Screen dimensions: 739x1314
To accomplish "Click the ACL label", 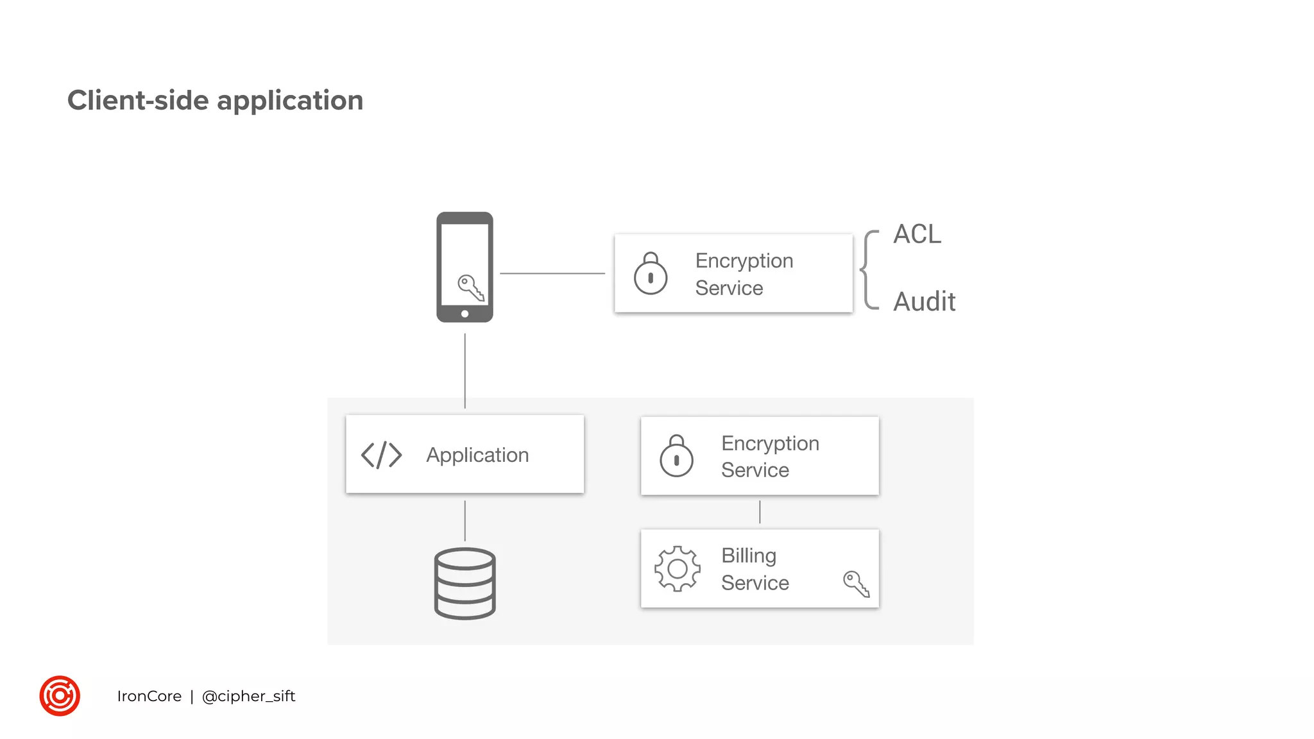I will [917, 235].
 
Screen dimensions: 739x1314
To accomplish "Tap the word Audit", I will [924, 302].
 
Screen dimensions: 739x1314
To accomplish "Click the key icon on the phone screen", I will [470, 287].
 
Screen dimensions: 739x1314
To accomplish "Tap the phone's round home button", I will [465, 314].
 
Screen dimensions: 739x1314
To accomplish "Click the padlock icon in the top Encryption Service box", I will [651, 274].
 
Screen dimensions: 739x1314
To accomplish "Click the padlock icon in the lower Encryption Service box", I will [676, 456].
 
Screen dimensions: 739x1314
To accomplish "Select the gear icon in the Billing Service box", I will [677, 568].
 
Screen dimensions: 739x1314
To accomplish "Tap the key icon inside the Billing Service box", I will [856, 584].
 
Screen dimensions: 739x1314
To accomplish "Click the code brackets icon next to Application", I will [381, 455].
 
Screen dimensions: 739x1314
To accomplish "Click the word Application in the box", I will [477, 455].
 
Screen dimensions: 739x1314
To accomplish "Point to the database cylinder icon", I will [465, 583].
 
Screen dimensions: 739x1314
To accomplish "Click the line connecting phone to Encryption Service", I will [552, 273].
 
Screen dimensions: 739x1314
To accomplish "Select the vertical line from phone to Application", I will [465, 370].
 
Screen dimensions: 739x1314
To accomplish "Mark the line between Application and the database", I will [465, 520].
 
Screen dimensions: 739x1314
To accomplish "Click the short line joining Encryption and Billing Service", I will [760, 512].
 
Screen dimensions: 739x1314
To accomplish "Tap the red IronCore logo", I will [60, 695].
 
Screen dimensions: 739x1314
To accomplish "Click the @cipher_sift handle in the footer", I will [248, 696].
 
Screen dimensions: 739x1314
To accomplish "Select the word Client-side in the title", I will [138, 101].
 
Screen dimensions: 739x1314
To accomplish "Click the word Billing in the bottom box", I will [748, 556].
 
